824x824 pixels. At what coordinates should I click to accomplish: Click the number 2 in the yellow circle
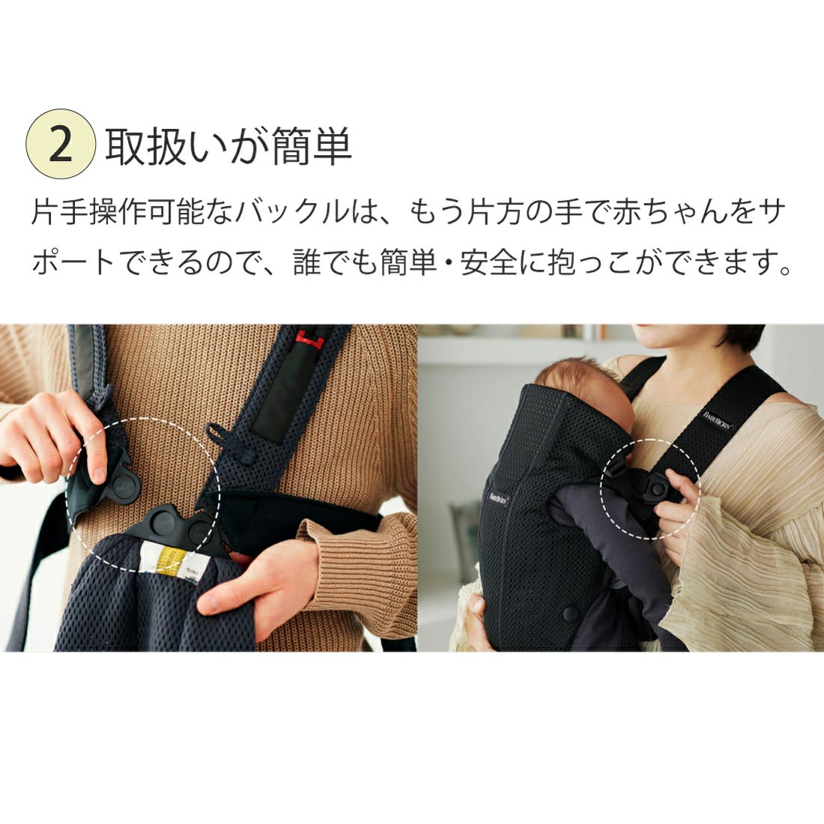[x=61, y=145]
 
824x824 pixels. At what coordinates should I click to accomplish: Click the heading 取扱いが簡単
[x=228, y=145]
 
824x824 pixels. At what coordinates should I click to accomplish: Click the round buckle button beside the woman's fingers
[x=656, y=489]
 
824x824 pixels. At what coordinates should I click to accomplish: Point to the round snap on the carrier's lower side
[x=569, y=614]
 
